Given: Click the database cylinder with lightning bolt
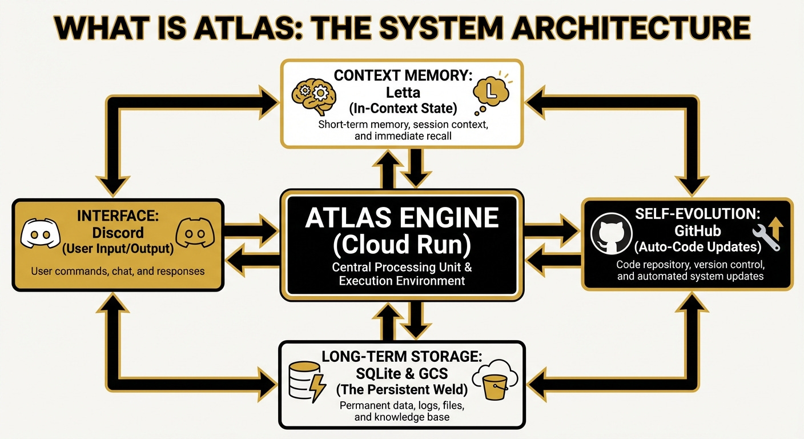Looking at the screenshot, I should (306, 380).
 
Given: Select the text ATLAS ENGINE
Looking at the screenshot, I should (401, 218).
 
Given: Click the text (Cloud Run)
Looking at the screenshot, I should (401, 245).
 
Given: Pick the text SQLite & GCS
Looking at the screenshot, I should (401, 373).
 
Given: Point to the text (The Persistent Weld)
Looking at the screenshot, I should (401, 390).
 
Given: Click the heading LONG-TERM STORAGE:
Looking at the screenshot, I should (401, 357).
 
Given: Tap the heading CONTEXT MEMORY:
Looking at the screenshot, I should (401, 75).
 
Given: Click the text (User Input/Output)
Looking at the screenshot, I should (118, 249).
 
